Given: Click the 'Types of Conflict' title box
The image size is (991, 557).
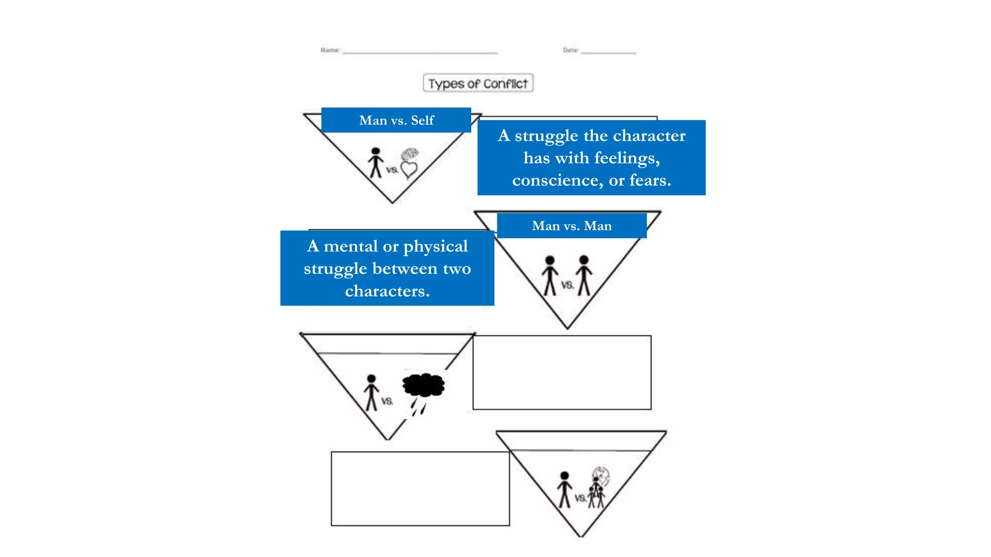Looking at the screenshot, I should [x=478, y=83].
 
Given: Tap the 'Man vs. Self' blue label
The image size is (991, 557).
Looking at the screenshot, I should [x=396, y=120].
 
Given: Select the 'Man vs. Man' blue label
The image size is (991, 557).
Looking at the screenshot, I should [x=571, y=226].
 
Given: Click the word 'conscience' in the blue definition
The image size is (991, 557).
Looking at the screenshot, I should [x=557, y=180].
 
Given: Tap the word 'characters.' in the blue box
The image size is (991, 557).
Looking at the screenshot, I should [x=387, y=291].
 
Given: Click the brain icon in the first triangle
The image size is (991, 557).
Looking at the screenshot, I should [x=410, y=154].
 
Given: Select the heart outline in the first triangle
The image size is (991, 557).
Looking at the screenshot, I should [x=409, y=170].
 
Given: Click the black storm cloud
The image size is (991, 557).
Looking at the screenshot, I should [x=423, y=385].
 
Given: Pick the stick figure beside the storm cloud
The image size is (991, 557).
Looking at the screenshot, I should [x=371, y=392].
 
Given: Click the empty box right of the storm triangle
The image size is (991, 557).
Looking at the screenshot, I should [x=562, y=372].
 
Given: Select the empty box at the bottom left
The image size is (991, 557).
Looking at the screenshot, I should [x=420, y=488].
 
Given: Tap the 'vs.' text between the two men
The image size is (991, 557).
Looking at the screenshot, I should [x=567, y=285].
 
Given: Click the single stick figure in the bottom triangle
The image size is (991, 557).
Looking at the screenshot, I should [x=564, y=489].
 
